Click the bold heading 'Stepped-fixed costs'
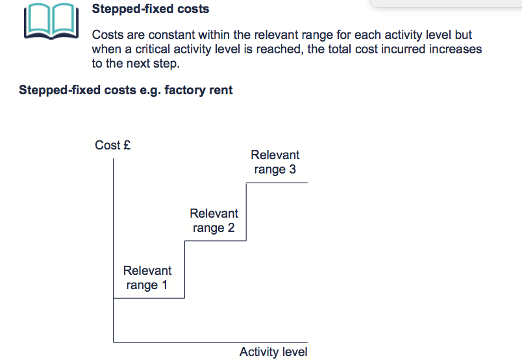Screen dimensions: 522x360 tap(151, 10)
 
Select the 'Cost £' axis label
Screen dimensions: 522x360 tap(113, 146)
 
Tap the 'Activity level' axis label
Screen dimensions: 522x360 tap(273, 352)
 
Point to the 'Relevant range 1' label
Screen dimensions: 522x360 tap(147, 277)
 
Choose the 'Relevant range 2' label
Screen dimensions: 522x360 tap(214, 220)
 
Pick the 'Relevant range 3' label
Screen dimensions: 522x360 tap(275, 162)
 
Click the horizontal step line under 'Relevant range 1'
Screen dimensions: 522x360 tap(149, 298)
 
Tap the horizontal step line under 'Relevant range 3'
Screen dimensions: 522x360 tap(277, 183)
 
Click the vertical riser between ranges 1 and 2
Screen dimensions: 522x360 tap(184, 270)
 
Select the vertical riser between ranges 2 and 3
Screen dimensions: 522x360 tap(246, 212)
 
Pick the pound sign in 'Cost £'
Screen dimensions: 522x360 tap(127, 146)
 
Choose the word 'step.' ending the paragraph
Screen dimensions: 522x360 tap(166, 64)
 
